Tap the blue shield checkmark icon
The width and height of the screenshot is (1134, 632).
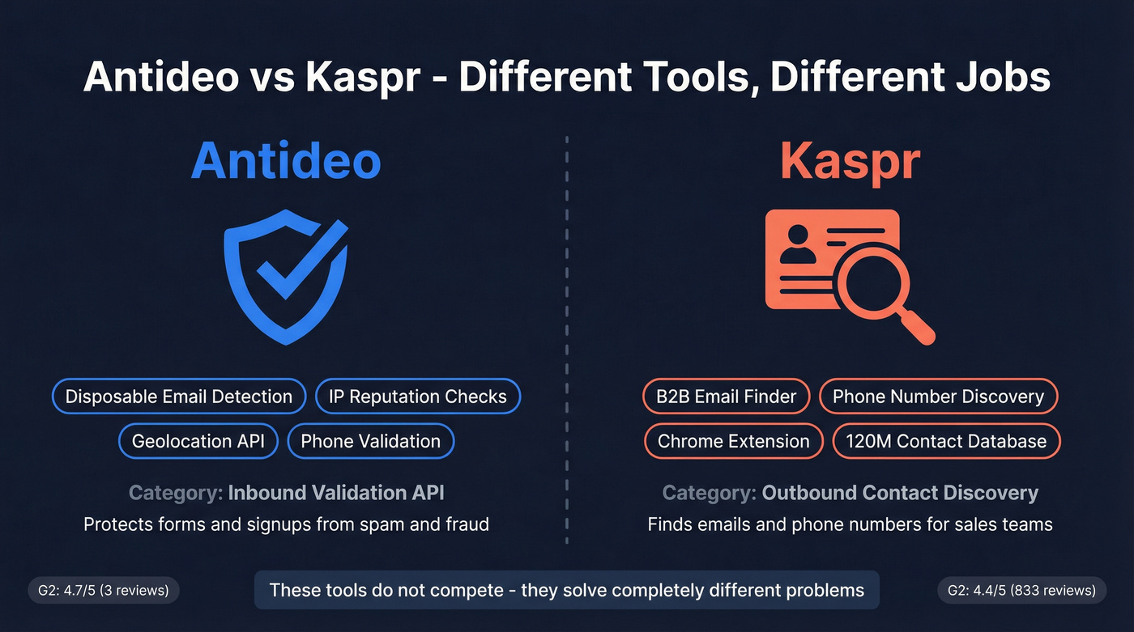[x=286, y=277]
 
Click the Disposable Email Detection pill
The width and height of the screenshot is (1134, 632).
[x=178, y=397]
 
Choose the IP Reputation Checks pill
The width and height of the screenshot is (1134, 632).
[x=417, y=397]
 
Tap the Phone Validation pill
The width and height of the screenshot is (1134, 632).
[x=370, y=441]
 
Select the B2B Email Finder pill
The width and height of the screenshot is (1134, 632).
[x=727, y=397]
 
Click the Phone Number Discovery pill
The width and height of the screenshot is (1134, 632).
[x=938, y=397]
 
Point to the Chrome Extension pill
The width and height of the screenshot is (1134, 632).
[x=733, y=441]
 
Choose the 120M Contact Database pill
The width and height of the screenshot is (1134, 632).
[x=946, y=441]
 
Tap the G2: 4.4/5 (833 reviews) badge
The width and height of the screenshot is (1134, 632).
[x=1021, y=590]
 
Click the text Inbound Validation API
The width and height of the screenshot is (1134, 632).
[x=336, y=492]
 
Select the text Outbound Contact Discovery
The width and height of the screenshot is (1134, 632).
[x=899, y=492]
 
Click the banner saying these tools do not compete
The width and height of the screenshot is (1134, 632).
[x=566, y=590]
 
